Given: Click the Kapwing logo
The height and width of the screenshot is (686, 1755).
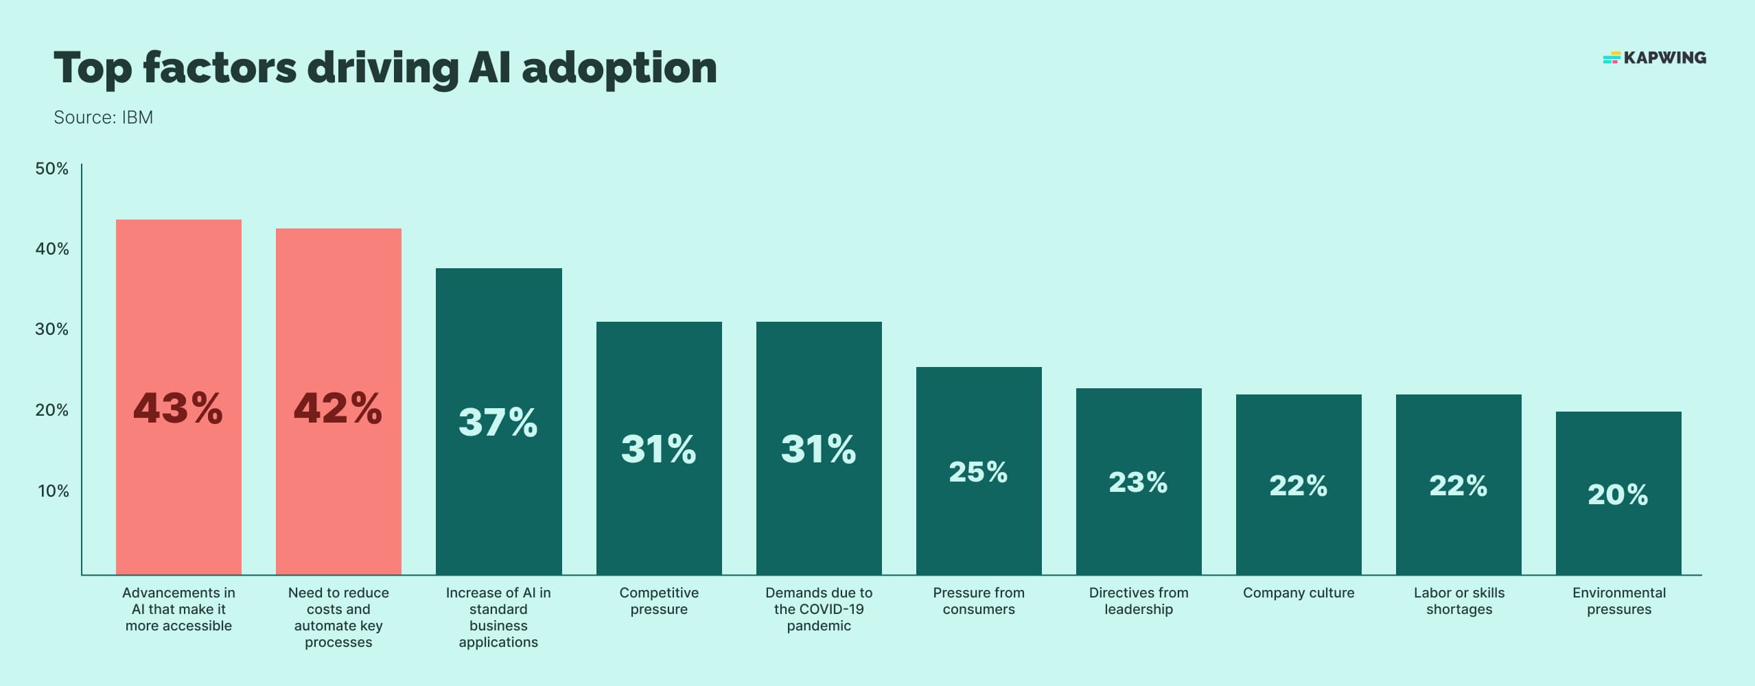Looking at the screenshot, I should [1654, 58].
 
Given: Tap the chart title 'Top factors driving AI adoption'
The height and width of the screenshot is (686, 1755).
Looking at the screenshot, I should [385, 68].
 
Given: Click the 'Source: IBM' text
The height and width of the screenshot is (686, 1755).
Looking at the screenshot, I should [103, 117].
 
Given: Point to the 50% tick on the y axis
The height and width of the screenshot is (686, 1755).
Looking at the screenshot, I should [52, 169].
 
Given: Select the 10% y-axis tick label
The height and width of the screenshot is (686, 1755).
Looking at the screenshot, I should [54, 491].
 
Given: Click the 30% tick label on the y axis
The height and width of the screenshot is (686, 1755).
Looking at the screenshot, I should [52, 329].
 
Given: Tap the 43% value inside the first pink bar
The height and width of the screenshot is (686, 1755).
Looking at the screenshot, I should [178, 408].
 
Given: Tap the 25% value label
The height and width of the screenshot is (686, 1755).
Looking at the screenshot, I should [978, 472].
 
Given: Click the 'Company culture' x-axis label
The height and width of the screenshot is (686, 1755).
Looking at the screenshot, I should [1299, 593].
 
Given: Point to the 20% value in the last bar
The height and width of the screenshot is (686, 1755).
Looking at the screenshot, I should [1618, 495].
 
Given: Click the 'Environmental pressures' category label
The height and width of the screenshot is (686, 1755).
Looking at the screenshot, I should [1618, 601].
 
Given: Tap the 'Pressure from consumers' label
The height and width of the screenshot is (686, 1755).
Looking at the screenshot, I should [979, 601].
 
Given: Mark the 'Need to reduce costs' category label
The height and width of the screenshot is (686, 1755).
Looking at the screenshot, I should [338, 617].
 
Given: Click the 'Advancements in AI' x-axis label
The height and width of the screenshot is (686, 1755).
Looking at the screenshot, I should [178, 609].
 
